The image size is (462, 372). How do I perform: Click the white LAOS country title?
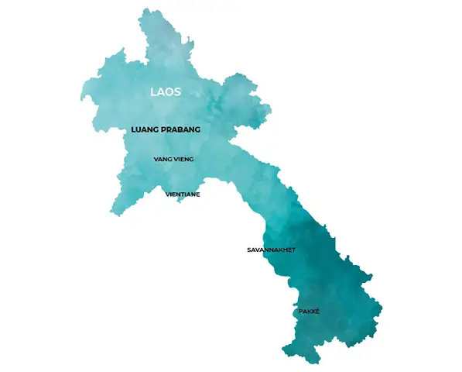[x=166, y=91]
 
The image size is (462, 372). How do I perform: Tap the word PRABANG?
[x=182, y=130]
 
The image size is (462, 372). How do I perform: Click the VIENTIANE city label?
[x=183, y=195]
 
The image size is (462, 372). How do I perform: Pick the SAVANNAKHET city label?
[x=271, y=250]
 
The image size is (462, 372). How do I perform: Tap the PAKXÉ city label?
[x=309, y=312]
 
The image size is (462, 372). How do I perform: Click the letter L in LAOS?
[x=152, y=91]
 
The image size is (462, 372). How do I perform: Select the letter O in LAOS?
[x=171, y=91]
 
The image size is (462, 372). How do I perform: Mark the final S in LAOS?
[x=179, y=91]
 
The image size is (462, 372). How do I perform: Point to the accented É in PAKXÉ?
[x=317, y=312]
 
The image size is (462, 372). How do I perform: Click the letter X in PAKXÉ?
[x=313, y=312]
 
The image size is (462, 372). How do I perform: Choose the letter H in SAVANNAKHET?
[x=286, y=250]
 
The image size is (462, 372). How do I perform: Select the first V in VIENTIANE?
[x=168, y=195]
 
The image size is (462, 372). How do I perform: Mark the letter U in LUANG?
[x=139, y=130]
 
